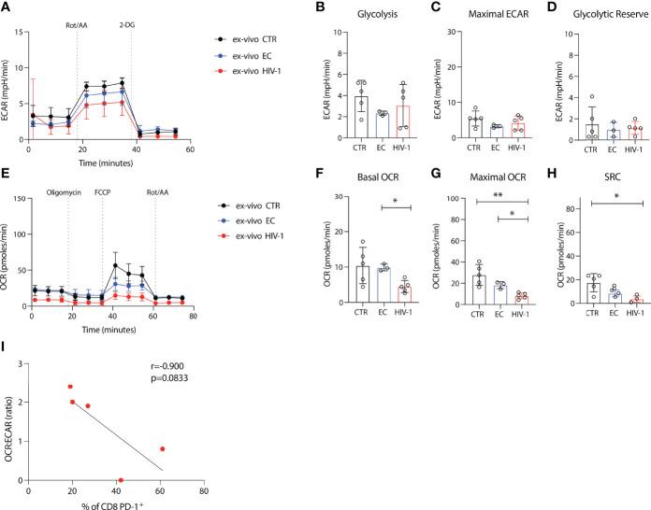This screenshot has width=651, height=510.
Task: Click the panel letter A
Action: click(x=7, y=8)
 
